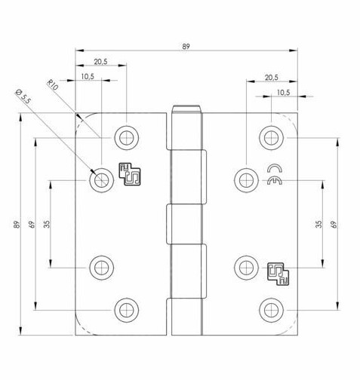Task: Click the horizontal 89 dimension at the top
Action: coord(185,46)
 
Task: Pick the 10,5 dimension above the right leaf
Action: coord(283,92)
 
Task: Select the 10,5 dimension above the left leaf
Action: coord(88,76)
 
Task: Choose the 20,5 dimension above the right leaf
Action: coord(272,77)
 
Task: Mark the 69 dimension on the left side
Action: coord(32,225)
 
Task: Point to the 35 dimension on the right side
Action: coord(319,224)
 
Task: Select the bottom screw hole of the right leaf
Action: coord(269,309)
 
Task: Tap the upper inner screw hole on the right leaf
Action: coord(243,179)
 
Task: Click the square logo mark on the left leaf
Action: coord(128,173)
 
